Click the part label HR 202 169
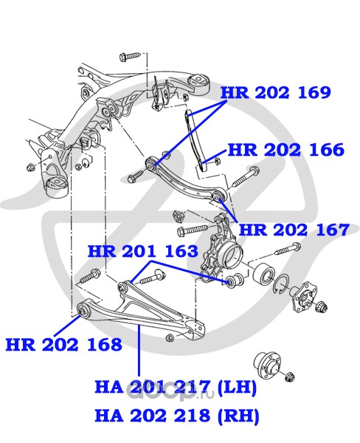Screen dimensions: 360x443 click(x=275, y=93)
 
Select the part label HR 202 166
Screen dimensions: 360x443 click(x=286, y=150)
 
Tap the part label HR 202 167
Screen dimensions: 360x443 click(x=294, y=230)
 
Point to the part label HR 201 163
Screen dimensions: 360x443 click(x=143, y=251)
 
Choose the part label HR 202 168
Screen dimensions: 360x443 click(x=64, y=344)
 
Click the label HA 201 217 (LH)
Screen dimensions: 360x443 click(x=176, y=387)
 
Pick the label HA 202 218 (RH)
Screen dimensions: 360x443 click(x=177, y=416)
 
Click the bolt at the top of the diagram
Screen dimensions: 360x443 click(x=130, y=56)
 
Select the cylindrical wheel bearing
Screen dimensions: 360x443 click(x=265, y=273)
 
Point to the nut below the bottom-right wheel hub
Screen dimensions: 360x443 click(x=290, y=377)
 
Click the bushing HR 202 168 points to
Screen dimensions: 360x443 click(x=83, y=310)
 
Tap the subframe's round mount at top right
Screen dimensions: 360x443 click(x=200, y=82)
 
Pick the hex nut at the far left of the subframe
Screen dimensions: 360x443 click(x=30, y=168)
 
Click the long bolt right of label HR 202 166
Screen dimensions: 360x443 click(x=245, y=176)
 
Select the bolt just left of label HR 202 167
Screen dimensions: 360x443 click(x=193, y=230)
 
